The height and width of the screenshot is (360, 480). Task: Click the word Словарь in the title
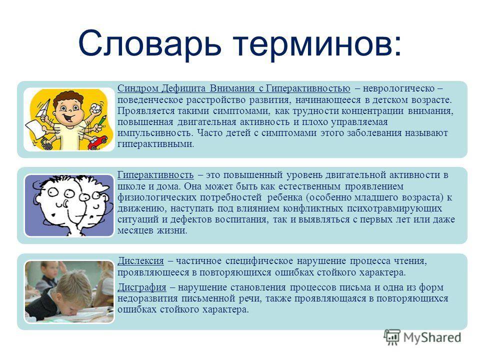coord(149,43)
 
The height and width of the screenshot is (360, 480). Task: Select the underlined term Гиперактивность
coord(155,175)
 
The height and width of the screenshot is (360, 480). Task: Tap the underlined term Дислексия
coord(141,261)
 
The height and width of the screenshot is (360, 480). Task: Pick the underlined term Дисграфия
coord(142,288)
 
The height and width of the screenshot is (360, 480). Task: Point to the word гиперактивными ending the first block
coord(156,144)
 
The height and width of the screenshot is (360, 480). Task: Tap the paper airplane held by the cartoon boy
coord(43,108)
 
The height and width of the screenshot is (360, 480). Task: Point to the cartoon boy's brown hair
coord(68,97)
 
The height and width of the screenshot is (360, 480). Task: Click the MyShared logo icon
coord(392,337)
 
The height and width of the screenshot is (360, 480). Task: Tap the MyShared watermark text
coord(432,337)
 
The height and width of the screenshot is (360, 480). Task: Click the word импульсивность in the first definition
coord(155,133)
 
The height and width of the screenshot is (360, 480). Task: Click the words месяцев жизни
coord(152,230)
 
